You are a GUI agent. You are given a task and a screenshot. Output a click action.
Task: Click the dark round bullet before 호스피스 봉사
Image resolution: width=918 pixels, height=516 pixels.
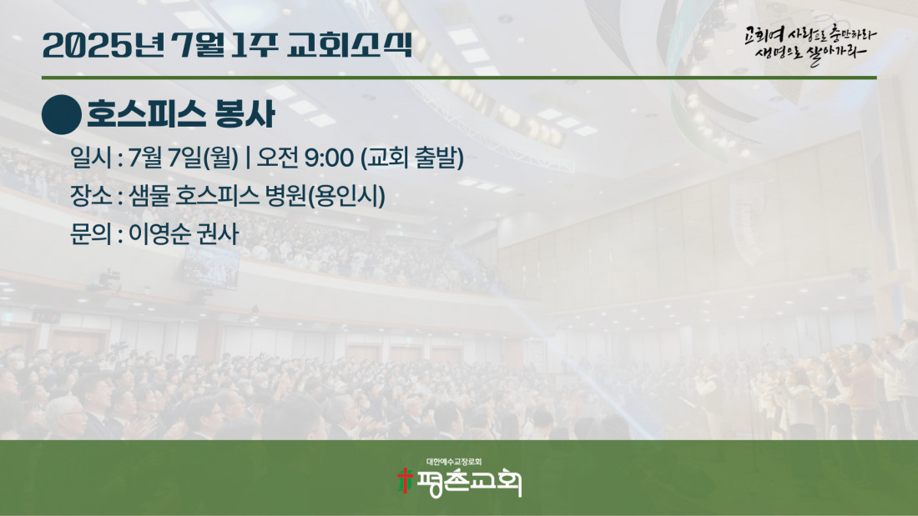pos(62,115)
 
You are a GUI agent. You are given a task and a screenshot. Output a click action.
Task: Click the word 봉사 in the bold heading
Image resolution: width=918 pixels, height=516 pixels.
pos(245,114)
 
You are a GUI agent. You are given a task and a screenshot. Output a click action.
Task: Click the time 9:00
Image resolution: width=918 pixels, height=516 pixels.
pos(329,158)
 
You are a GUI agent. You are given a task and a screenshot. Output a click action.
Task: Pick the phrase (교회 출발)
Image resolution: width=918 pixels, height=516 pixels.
pos(412,158)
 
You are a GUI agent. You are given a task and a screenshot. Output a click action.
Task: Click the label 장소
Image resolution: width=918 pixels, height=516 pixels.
pos(90,195)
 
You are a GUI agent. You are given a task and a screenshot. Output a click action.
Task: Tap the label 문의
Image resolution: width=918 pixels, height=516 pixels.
pos(90,234)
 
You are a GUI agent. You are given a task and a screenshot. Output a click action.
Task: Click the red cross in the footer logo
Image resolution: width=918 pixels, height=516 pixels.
pos(405,480)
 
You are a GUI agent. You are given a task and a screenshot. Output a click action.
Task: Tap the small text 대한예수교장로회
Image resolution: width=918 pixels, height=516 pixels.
pos(454,462)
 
